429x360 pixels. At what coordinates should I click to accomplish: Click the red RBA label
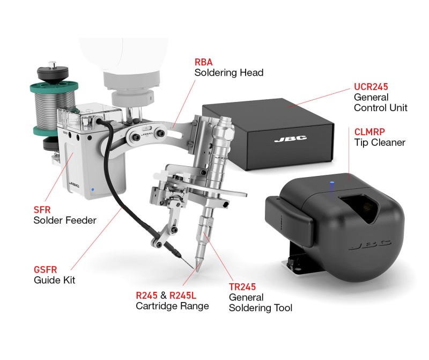click(203, 62)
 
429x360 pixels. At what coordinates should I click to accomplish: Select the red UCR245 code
click(371, 87)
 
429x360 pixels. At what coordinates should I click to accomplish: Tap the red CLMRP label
click(369, 132)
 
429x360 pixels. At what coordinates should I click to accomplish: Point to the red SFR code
click(42, 210)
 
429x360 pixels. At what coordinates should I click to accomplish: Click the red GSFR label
click(46, 270)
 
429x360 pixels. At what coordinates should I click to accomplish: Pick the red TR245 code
click(242, 287)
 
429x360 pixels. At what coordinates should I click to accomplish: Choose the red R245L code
click(183, 296)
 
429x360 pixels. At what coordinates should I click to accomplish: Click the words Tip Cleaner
click(380, 143)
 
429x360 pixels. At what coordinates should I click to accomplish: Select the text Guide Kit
click(55, 280)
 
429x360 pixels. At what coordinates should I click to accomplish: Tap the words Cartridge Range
click(172, 306)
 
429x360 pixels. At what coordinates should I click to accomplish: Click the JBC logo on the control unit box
click(291, 139)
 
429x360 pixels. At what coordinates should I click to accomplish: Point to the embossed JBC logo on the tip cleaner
click(369, 245)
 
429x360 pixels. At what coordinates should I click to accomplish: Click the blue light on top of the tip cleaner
click(332, 182)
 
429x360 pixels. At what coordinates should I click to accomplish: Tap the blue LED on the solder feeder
click(93, 189)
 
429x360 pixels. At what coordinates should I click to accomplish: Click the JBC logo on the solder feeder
click(74, 185)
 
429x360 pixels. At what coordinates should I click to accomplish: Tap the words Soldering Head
click(229, 73)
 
